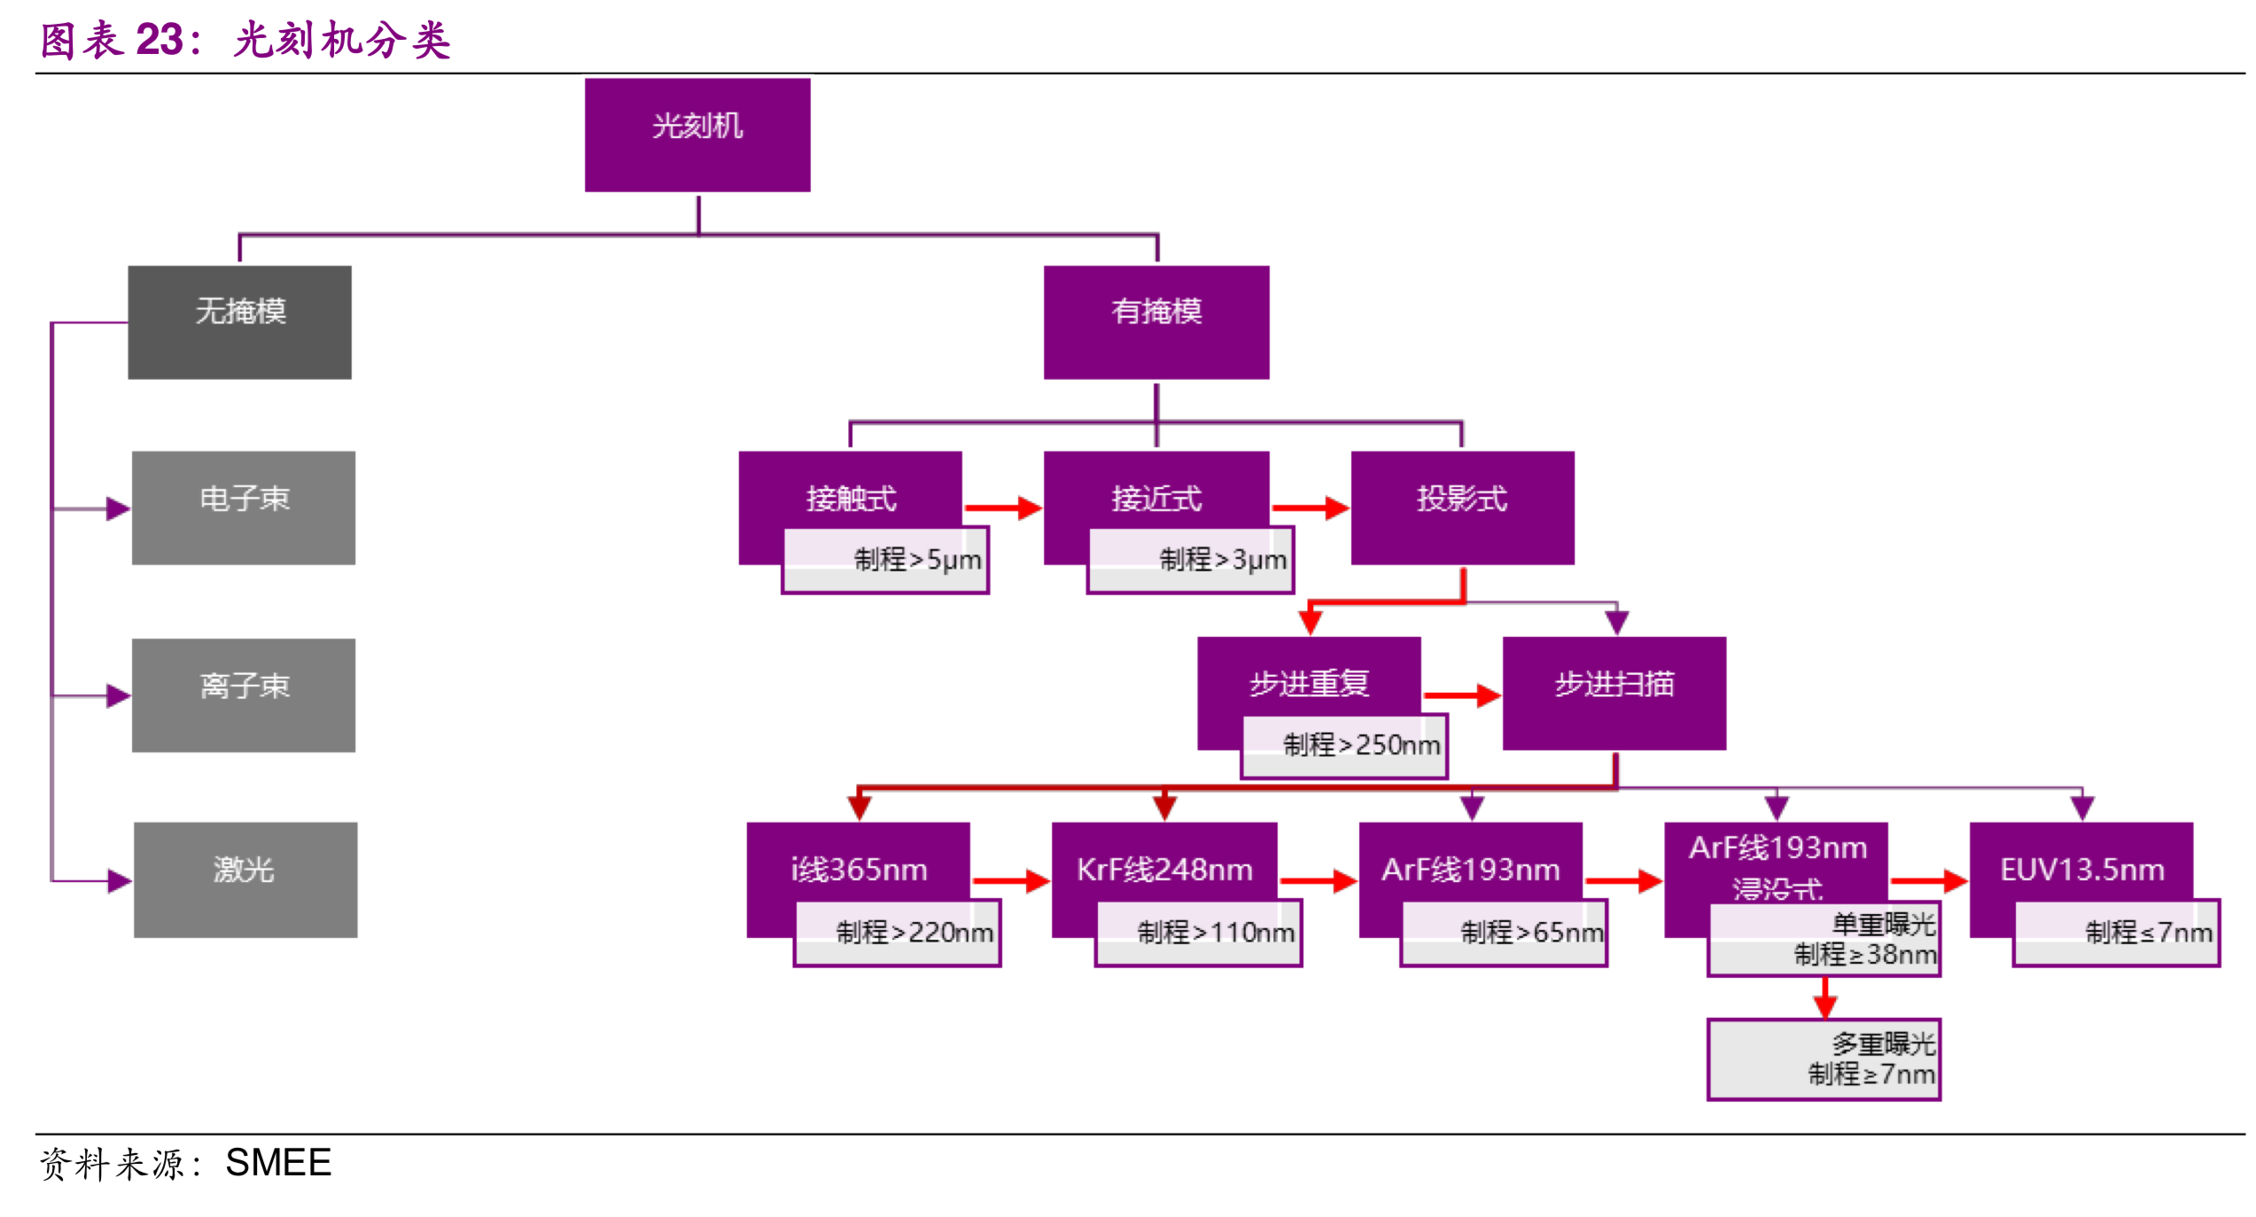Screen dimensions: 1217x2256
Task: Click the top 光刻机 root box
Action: coord(697,135)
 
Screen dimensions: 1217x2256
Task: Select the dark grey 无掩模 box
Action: coord(239,322)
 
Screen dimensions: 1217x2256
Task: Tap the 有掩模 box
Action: coord(1155,322)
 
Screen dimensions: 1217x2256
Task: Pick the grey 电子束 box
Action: coord(244,508)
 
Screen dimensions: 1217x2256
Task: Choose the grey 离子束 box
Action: coord(244,695)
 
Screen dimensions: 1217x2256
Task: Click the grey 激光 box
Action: coord(245,880)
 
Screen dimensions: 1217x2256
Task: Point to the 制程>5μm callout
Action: coord(885,561)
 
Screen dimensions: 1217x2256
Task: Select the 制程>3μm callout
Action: coord(1190,561)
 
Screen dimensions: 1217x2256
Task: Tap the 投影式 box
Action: coord(1462,508)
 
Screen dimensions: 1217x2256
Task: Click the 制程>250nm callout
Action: coord(1344,747)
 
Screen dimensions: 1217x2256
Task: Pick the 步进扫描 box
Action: coord(1614,694)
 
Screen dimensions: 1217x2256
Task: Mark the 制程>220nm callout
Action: coord(897,934)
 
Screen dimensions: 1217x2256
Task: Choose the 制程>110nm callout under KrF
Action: coord(1199,934)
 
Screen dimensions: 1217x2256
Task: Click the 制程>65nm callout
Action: coord(1504,934)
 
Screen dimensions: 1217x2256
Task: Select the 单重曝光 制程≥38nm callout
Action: coord(1824,940)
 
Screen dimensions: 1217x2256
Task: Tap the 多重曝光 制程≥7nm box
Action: coord(1824,1059)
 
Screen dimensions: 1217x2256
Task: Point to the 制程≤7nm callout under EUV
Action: coord(2116,934)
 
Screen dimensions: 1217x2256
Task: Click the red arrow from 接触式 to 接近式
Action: coord(1002,508)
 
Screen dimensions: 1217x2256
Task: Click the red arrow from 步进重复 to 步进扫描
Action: coord(1461,695)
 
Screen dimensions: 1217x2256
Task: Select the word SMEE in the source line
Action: coord(278,1163)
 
